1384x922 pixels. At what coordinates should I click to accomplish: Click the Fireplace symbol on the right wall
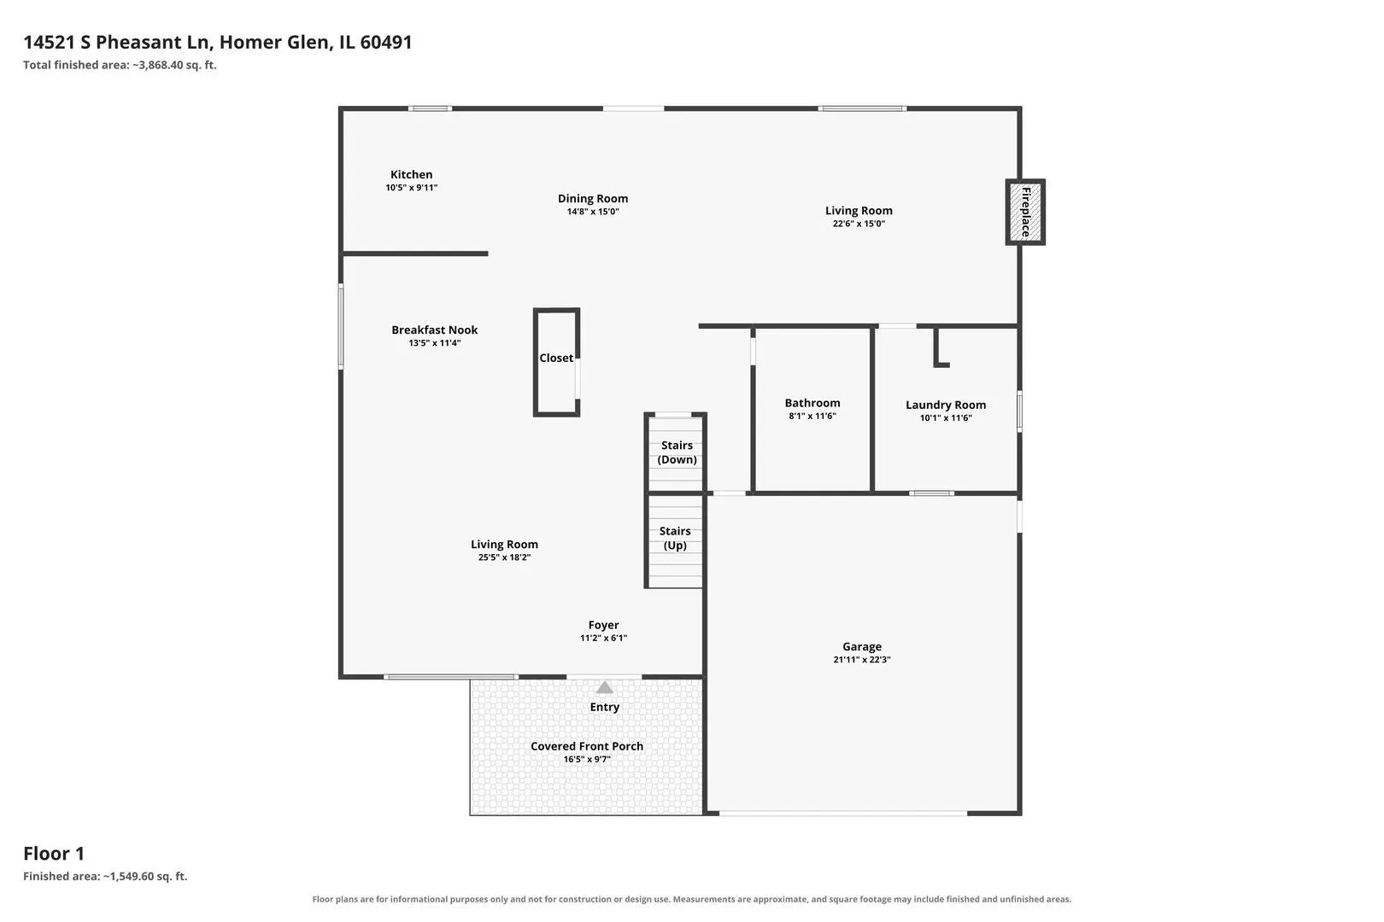[x=1025, y=212]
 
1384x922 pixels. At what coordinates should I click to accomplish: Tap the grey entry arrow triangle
[x=604, y=686]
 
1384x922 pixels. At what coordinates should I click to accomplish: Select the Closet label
[x=556, y=359]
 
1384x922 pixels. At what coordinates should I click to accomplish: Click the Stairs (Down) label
[x=677, y=452]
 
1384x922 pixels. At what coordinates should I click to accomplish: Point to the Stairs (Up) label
[x=675, y=538]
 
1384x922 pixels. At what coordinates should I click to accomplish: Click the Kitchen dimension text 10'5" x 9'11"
[x=412, y=188]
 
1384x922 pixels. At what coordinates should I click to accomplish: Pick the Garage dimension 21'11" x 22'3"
[x=862, y=660]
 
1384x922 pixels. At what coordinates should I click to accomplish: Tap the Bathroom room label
[x=812, y=403]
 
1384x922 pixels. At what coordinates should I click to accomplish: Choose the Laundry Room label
[x=946, y=406]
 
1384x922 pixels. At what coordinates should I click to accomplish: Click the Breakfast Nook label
[x=434, y=330]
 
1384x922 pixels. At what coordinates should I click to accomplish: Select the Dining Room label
[x=593, y=199]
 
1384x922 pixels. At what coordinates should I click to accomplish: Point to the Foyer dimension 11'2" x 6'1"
[x=603, y=638]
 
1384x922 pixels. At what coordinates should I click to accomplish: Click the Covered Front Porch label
[x=587, y=746]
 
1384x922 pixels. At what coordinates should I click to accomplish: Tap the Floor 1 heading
[x=54, y=854]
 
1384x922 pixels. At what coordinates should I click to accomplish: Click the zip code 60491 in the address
[x=386, y=42]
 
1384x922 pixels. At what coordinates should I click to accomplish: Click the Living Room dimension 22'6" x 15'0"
[x=859, y=224]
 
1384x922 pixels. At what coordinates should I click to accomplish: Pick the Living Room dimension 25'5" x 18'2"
[x=504, y=557]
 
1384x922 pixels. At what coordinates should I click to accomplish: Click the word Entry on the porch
[x=604, y=707]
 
